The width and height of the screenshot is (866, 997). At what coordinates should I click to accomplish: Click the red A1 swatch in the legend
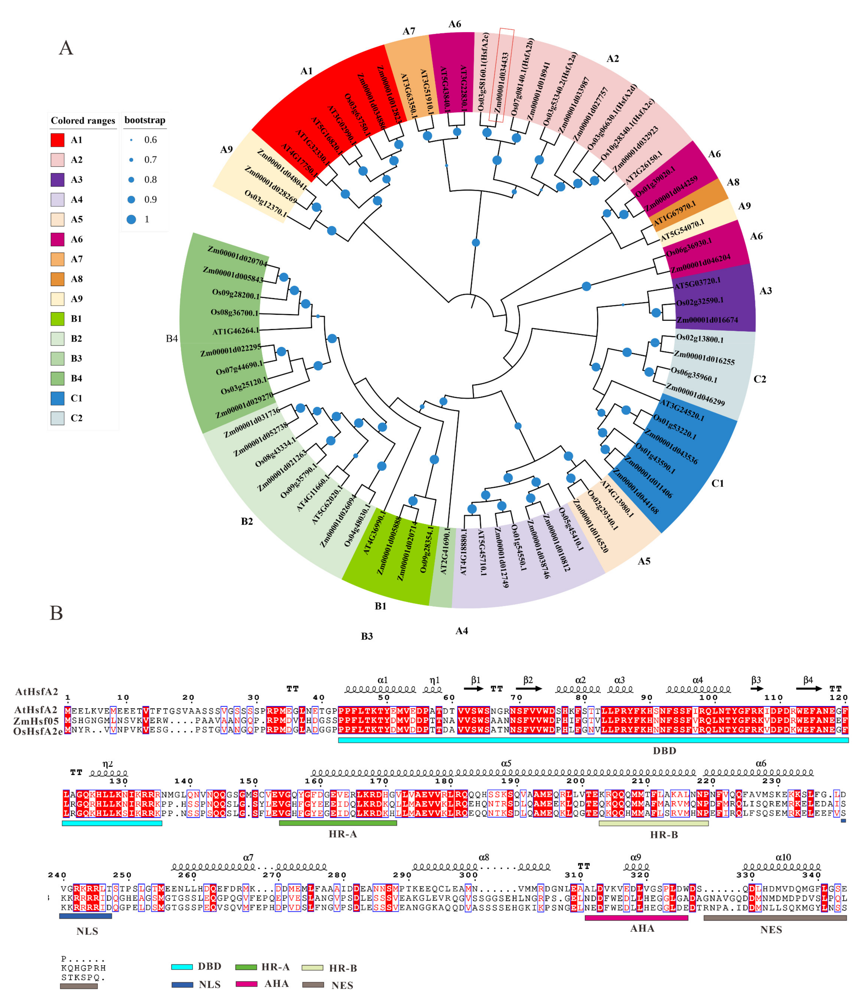click(57, 140)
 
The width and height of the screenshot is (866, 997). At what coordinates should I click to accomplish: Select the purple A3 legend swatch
click(57, 180)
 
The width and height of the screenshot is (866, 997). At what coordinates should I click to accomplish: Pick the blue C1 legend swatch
click(57, 398)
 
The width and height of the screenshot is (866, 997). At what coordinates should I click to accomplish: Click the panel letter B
click(57, 613)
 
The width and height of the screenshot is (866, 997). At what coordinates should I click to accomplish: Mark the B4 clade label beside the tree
click(172, 339)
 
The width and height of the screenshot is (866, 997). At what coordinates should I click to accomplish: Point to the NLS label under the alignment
click(88, 931)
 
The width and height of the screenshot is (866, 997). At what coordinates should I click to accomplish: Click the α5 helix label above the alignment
click(506, 764)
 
